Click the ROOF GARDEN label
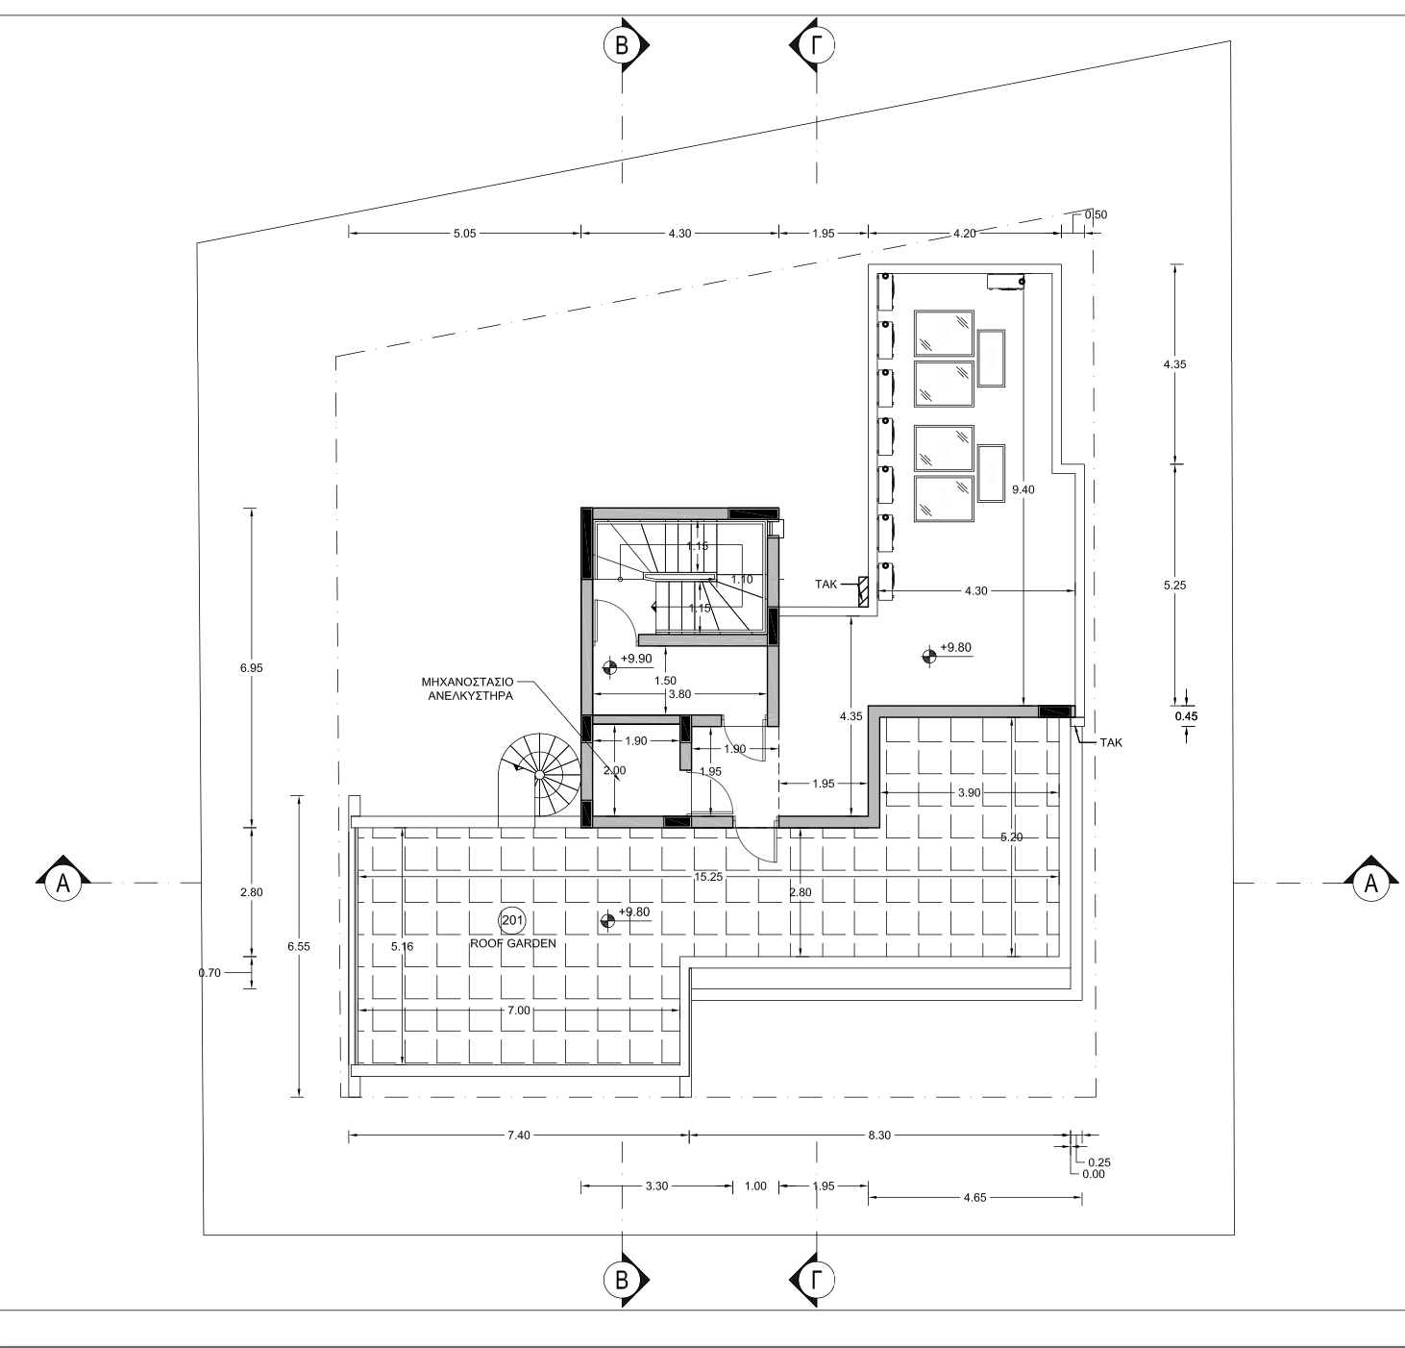(512, 943)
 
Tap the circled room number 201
(512, 920)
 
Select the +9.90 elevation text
(636, 658)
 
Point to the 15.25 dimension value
(708, 876)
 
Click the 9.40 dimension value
(1023, 489)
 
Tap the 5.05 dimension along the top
(465, 234)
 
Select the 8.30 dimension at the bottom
(879, 1135)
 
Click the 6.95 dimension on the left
(251, 668)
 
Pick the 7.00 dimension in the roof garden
(518, 1010)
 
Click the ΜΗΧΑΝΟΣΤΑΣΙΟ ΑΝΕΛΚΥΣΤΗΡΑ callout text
(469, 688)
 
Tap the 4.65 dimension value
(974, 1197)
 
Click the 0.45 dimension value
(1186, 716)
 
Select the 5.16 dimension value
(402, 946)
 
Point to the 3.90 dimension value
(969, 792)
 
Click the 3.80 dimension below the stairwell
(679, 694)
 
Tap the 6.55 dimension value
(298, 946)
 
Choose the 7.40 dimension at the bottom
(518, 1135)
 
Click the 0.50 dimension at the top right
(1096, 214)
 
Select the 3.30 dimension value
(656, 1186)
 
